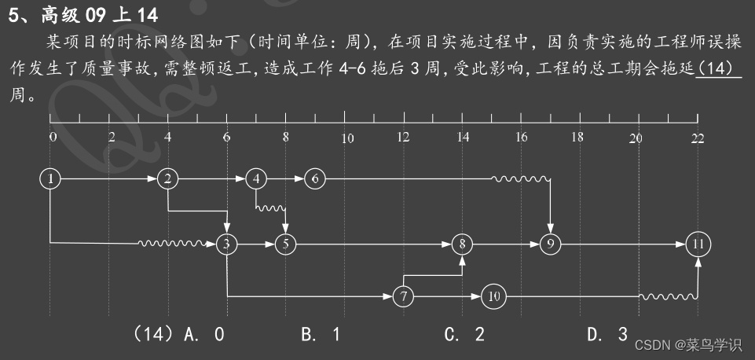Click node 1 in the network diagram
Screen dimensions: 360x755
click(50, 179)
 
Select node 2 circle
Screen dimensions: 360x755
click(168, 179)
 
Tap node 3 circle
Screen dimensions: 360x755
click(227, 244)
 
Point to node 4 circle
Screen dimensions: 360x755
click(256, 179)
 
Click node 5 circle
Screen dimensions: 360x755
click(286, 244)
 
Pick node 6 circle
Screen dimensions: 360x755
click(315, 179)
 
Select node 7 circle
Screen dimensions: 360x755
click(404, 297)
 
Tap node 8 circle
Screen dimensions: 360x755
click(463, 244)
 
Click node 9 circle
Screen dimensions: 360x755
click(551, 244)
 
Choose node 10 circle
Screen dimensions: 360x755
click(493, 297)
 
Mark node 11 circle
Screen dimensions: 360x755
click(698, 244)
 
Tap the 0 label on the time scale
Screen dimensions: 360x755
click(53, 138)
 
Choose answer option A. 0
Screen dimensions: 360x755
click(203, 335)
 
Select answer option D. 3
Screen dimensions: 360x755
click(607, 335)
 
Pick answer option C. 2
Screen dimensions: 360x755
click(464, 335)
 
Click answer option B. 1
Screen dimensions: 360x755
click(321, 335)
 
